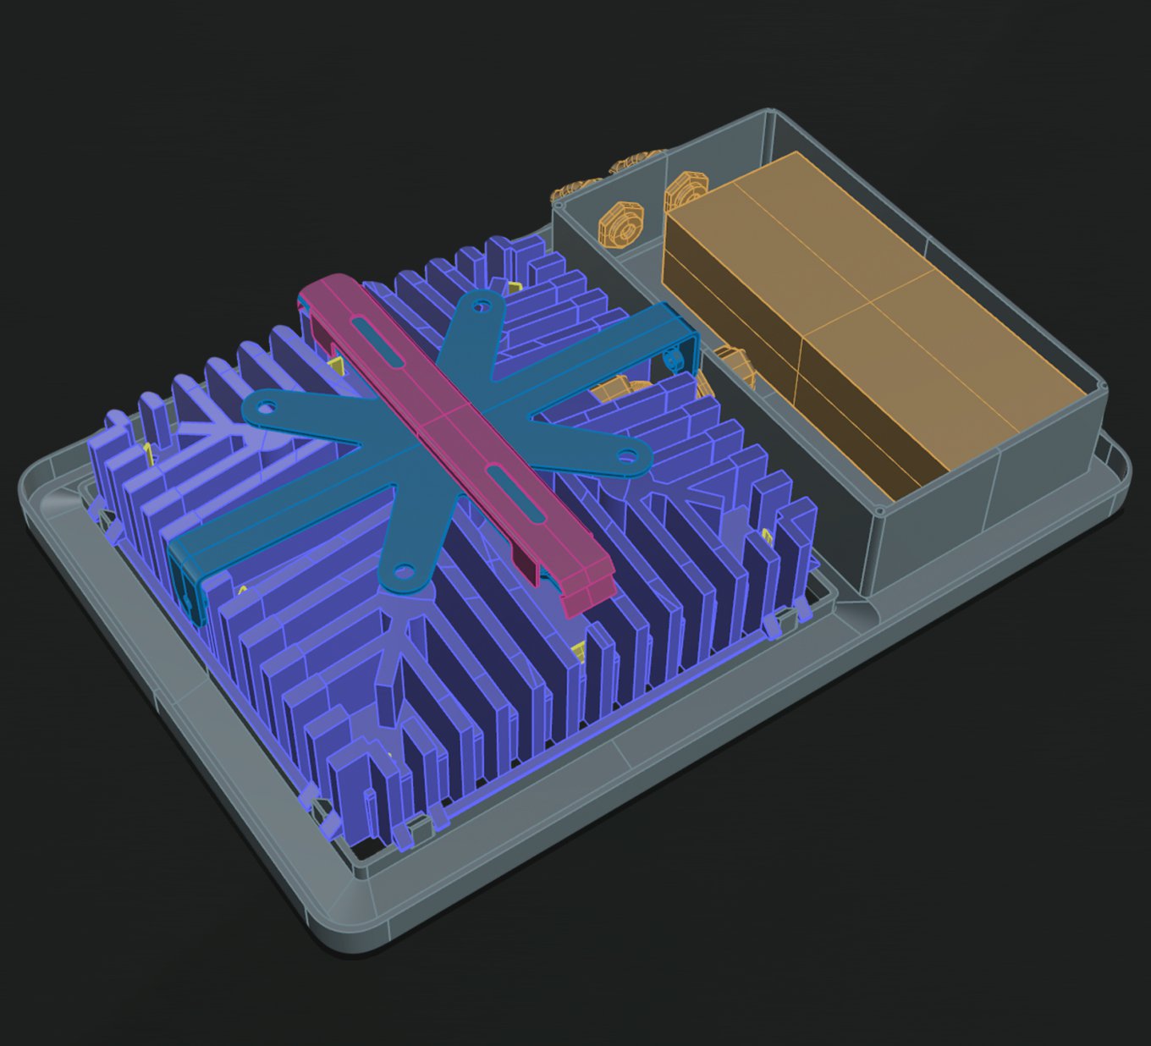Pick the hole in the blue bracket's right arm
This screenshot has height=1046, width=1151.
click(x=627, y=457)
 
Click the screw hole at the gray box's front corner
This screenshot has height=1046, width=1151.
click(x=880, y=510)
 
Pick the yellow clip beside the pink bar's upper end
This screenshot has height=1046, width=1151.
click(x=337, y=366)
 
